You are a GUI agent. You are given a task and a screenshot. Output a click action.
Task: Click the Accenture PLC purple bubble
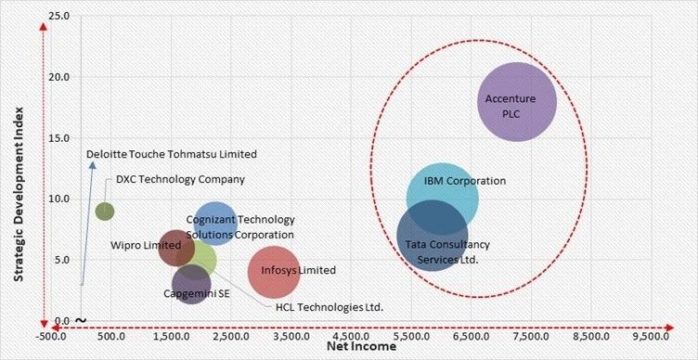coord(517,102)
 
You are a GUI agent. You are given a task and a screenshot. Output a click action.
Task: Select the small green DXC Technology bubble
coord(105,212)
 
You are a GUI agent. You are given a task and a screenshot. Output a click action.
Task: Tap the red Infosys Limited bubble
coord(274,271)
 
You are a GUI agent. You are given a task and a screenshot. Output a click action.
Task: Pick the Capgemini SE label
coord(192,293)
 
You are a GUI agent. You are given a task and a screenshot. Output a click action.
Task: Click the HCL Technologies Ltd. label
coord(330,307)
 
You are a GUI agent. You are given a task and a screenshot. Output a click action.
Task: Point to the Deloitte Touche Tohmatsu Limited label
coord(171,154)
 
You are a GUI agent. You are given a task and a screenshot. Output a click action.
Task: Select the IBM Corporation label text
coord(464,181)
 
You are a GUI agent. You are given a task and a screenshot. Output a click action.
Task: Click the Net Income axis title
coord(361,346)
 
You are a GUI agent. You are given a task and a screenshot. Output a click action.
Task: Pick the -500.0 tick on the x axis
coord(53,335)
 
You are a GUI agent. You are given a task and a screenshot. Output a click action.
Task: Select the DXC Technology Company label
coord(181,180)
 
